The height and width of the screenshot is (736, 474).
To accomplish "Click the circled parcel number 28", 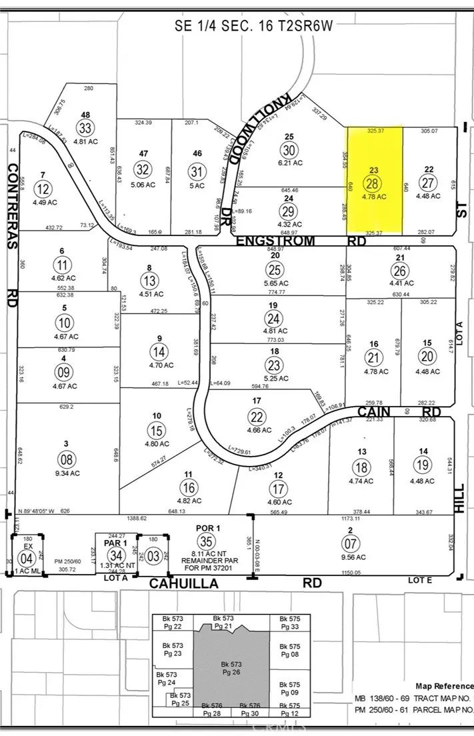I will pyautogui.click(x=373, y=183).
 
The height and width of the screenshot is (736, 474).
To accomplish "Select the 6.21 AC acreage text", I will pyautogui.click(x=289, y=163).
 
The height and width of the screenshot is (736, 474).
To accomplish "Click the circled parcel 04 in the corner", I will pyautogui.click(x=26, y=557).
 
